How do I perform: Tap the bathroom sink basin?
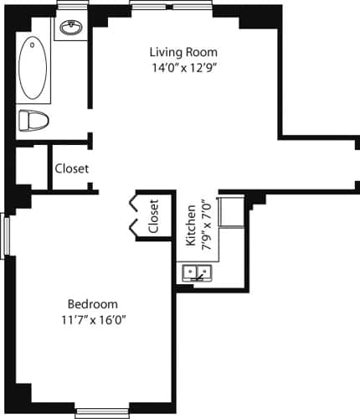coord(71,28)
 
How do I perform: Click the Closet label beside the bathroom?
coord(71,168)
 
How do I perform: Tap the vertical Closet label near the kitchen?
coord(153,215)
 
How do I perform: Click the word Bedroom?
coord(92,303)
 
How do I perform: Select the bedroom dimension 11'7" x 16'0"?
coord(92,319)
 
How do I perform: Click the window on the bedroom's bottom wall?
coord(101,411)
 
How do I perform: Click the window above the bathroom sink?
coord(73,7)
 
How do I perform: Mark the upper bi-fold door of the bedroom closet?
coord(133,204)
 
